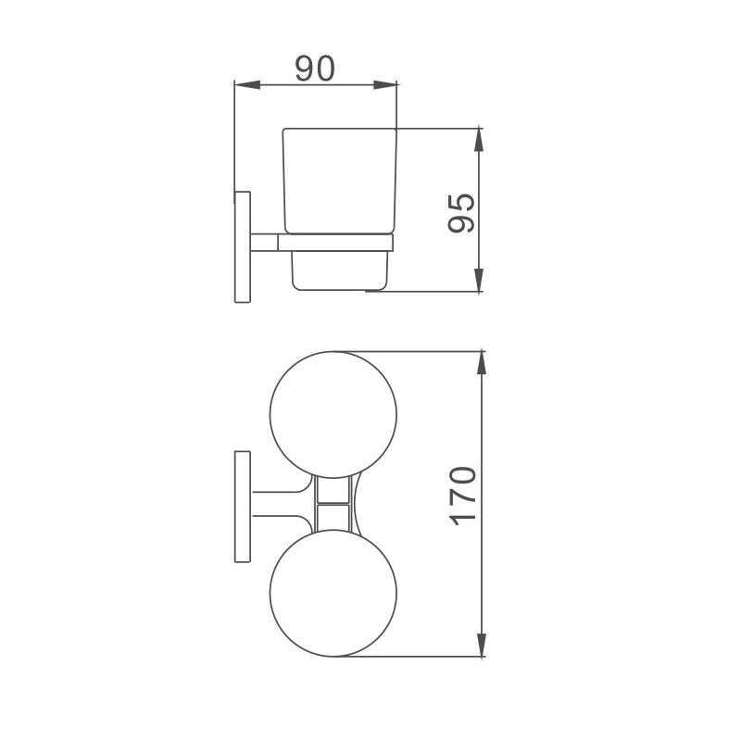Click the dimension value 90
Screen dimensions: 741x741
(x=315, y=69)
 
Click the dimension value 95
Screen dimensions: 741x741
(x=460, y=214)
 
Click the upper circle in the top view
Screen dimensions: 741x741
(x=333, y=413)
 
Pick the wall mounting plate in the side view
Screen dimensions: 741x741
(x=241, y=245)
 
